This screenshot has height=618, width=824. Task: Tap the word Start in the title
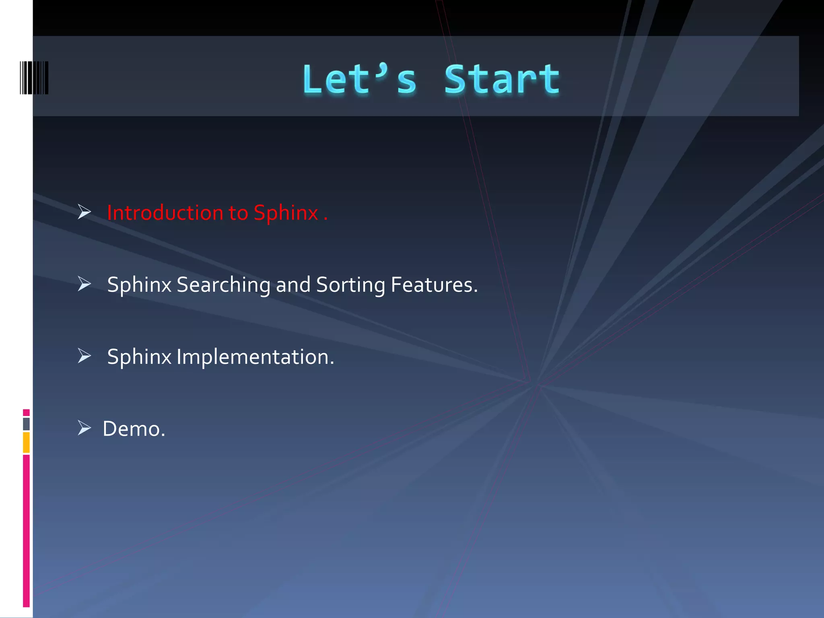501,80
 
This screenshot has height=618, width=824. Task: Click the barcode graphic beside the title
34,78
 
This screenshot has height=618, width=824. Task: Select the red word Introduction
165,213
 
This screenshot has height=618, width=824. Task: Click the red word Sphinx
286,213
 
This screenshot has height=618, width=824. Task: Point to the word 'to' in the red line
238,213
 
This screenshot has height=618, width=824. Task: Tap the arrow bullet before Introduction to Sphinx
84,212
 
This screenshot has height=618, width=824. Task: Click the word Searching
223,285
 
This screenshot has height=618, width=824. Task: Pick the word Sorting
350,285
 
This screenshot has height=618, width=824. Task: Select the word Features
434,285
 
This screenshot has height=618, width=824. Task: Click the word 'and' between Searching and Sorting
293,285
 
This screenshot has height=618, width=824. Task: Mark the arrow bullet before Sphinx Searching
84,284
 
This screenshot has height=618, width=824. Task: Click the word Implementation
255,357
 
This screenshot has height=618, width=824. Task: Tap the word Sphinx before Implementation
139,357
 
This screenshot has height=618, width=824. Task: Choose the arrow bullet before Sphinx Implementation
84,356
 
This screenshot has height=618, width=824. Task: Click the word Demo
134,429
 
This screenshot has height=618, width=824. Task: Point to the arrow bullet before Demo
84,428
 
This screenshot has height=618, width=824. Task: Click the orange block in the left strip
26,442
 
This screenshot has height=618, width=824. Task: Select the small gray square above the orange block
26,424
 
